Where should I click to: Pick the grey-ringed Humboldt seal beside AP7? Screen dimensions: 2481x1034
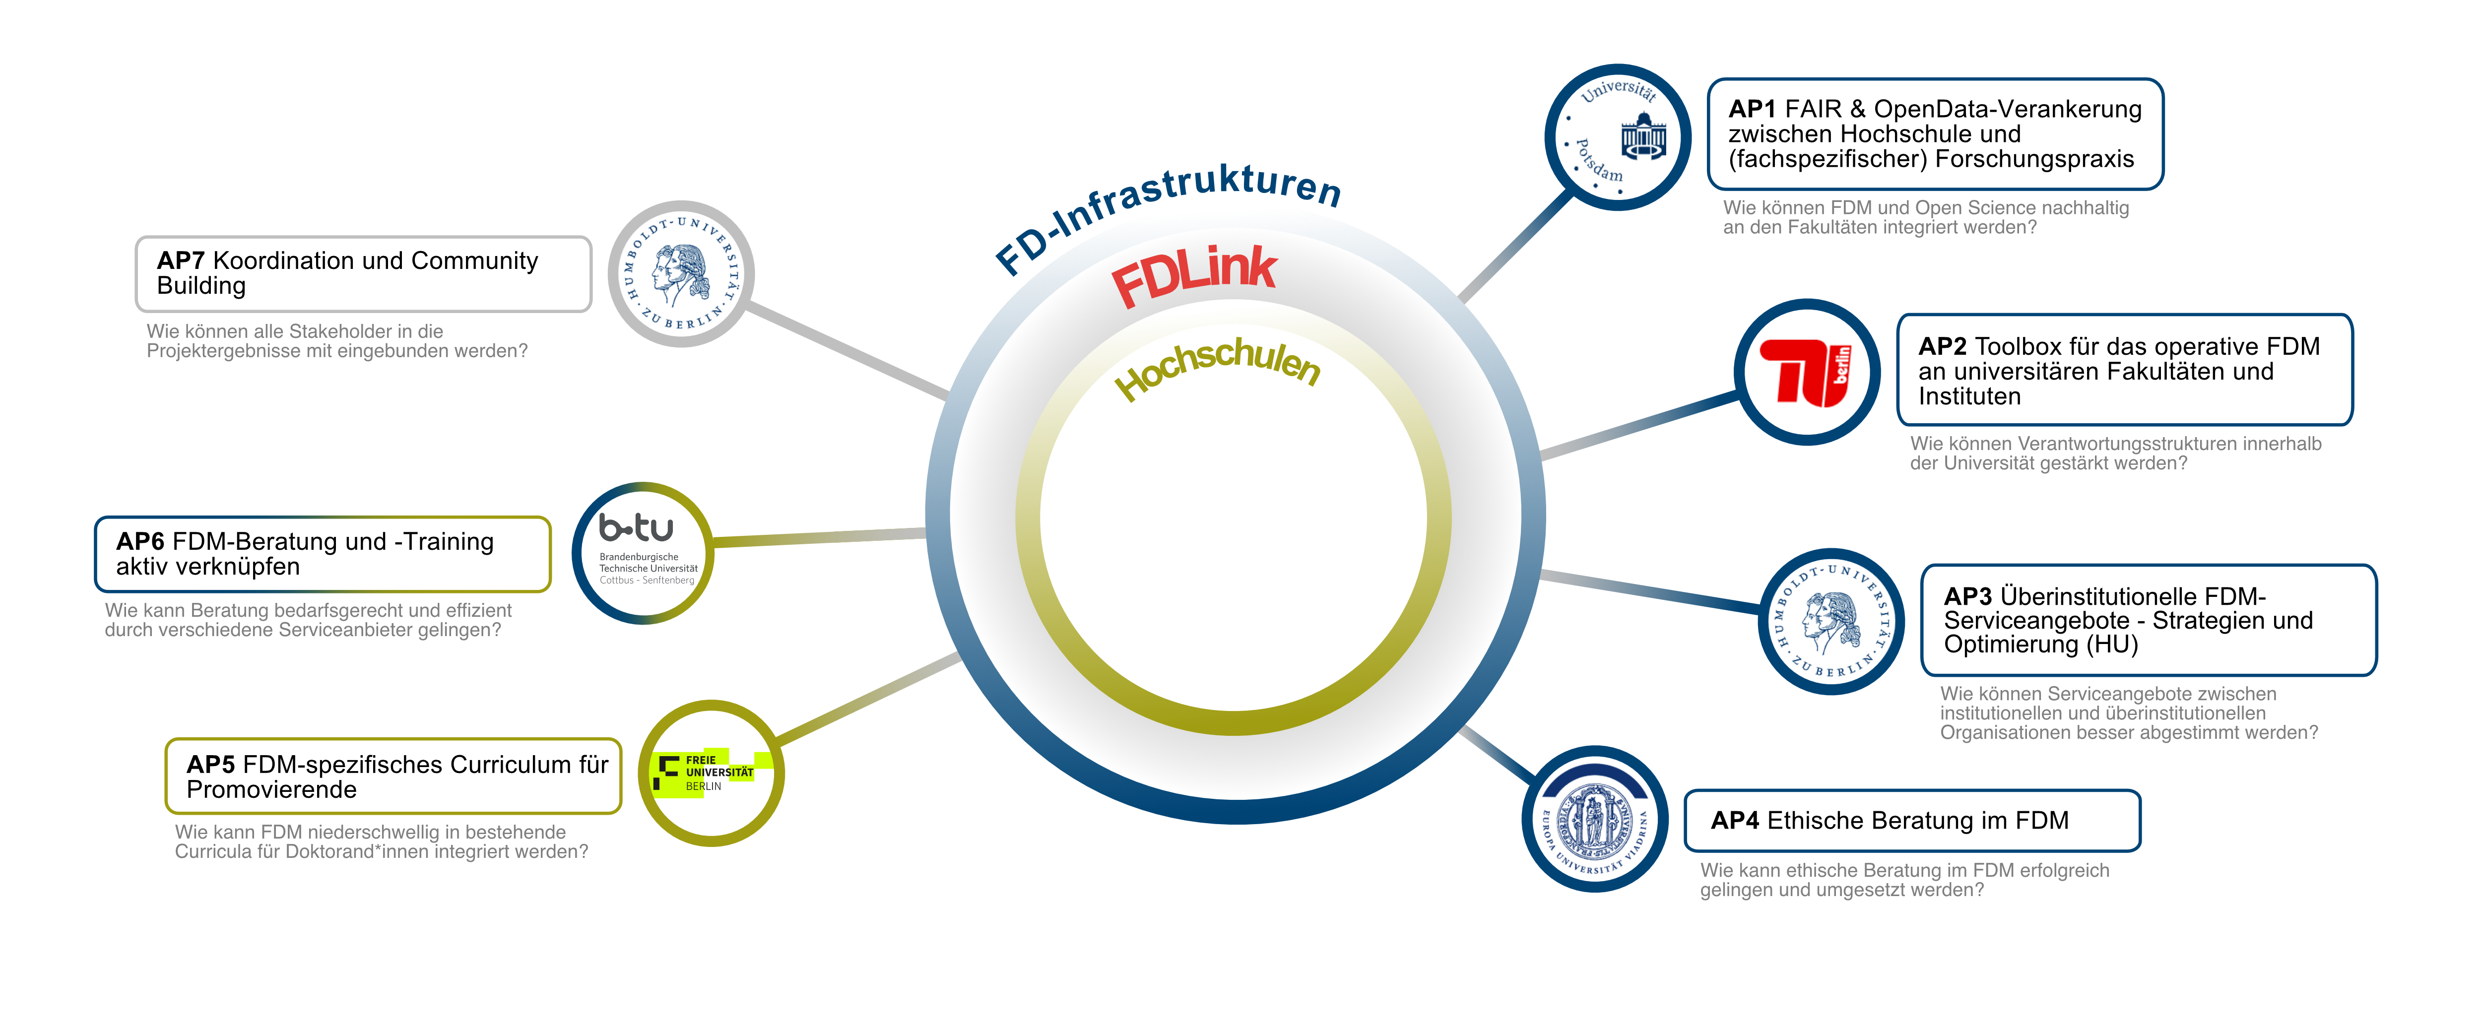click(681, 273)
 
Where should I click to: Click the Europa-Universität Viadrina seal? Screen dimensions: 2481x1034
click(1595, 818)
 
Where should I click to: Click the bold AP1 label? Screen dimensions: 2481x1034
click(1752, 109)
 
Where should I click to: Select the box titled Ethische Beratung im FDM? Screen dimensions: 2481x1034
click(1912, 820)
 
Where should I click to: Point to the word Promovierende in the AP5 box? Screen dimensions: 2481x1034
click(271, 789)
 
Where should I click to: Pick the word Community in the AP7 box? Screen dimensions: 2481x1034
click(475, 261)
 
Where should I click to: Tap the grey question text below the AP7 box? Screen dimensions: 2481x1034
click(337, 341)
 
